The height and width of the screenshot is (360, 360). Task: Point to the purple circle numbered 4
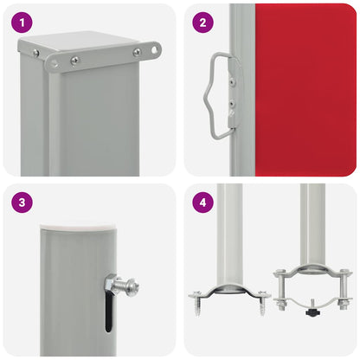pyautogui.click(x=202, y=203)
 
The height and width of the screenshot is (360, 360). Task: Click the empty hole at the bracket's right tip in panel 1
pyautogui.click(x=155, y=49)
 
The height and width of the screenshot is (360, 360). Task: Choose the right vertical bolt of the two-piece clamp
pyautogui.click(x=344, y=286)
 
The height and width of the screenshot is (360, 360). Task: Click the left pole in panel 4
pyautogui.click(x=229, y=234)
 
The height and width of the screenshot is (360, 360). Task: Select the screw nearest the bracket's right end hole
pyautogui.click(x=137, y=52)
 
